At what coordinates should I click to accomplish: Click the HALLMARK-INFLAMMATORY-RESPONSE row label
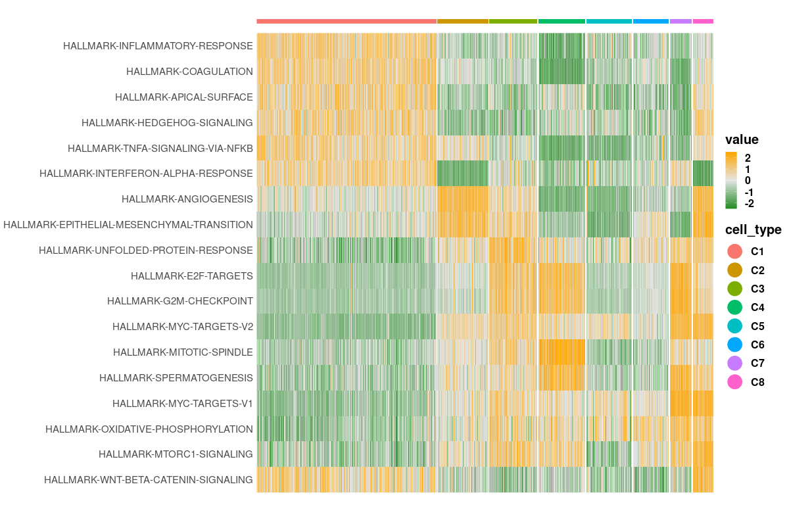tap(158, 46)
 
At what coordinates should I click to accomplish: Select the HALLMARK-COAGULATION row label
tap(189, 72)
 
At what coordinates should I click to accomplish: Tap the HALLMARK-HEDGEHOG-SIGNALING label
tap(167, 122)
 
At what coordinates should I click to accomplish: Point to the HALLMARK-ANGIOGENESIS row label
tap(187, 199)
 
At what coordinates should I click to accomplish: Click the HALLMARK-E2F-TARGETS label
tap(192, 275)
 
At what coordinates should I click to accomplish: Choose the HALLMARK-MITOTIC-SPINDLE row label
tap(183, 352)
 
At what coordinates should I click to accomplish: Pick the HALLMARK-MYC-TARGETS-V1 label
tap(183, 403)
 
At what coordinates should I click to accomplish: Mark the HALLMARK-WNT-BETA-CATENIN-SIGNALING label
tap(149, 480)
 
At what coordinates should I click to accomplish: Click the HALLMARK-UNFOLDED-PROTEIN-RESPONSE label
tap(146, 251)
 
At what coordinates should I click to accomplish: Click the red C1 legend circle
tap(734, 251)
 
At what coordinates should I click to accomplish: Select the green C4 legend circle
tap(734, 307)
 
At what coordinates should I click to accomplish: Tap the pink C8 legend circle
tap(734, 381)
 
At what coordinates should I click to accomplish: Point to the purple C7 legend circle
tap(734, 363)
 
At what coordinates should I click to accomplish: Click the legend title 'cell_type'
tap(753, 229)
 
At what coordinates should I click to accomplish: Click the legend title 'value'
tap(742, 139)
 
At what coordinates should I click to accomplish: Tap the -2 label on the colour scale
tap(748, 203)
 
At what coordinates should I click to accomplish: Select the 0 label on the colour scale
tap(748, 180)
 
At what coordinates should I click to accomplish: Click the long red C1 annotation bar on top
tap(347, 21)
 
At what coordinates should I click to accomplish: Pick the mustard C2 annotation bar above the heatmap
tap(463, 21)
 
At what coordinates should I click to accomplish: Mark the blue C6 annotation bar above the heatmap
tap(651, 21)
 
